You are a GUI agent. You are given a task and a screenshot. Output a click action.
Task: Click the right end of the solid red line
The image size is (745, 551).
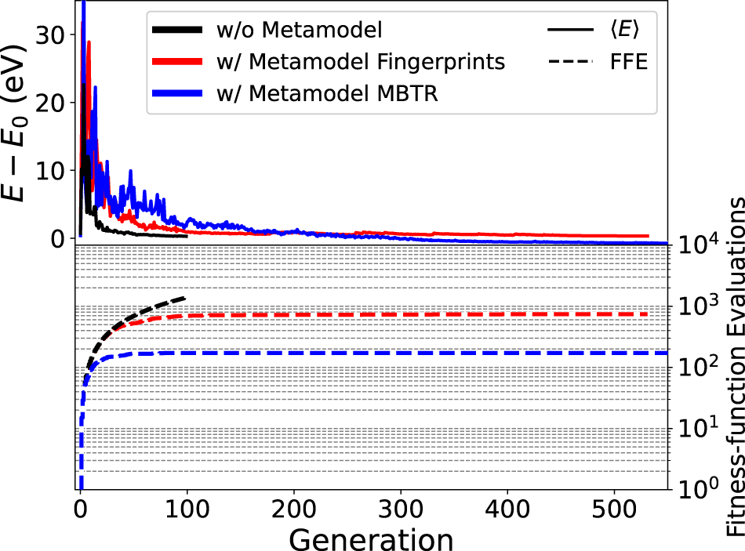(x=648, y=236)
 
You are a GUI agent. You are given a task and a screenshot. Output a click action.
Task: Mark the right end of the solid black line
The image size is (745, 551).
(x=186, y=236)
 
